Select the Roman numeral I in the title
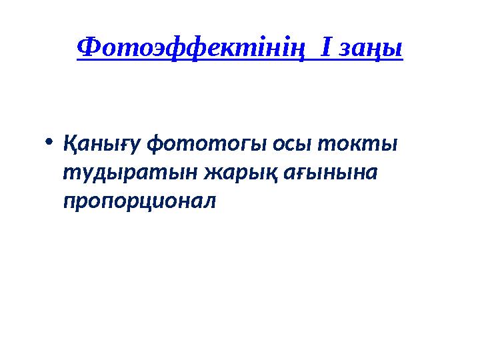point(326,47)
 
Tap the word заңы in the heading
point(371,49)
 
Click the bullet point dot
point(49,142)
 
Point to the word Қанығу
point(102,144)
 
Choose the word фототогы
point(207,144)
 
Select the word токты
point(357,144)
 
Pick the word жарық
point(241,173)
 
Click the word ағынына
point(331,173)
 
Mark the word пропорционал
point(139,203)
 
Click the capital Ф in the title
point(89,47)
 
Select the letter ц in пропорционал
point(155,203)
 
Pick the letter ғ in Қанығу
point(120,144)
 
